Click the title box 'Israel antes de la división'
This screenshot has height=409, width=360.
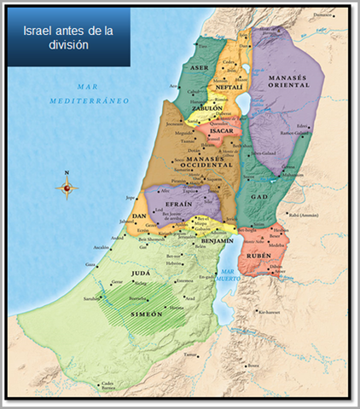[68, 37]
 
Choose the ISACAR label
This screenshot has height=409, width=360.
[224, 130]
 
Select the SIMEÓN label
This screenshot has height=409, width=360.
[142, 314]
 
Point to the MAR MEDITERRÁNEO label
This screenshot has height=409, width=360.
[102, 94]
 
